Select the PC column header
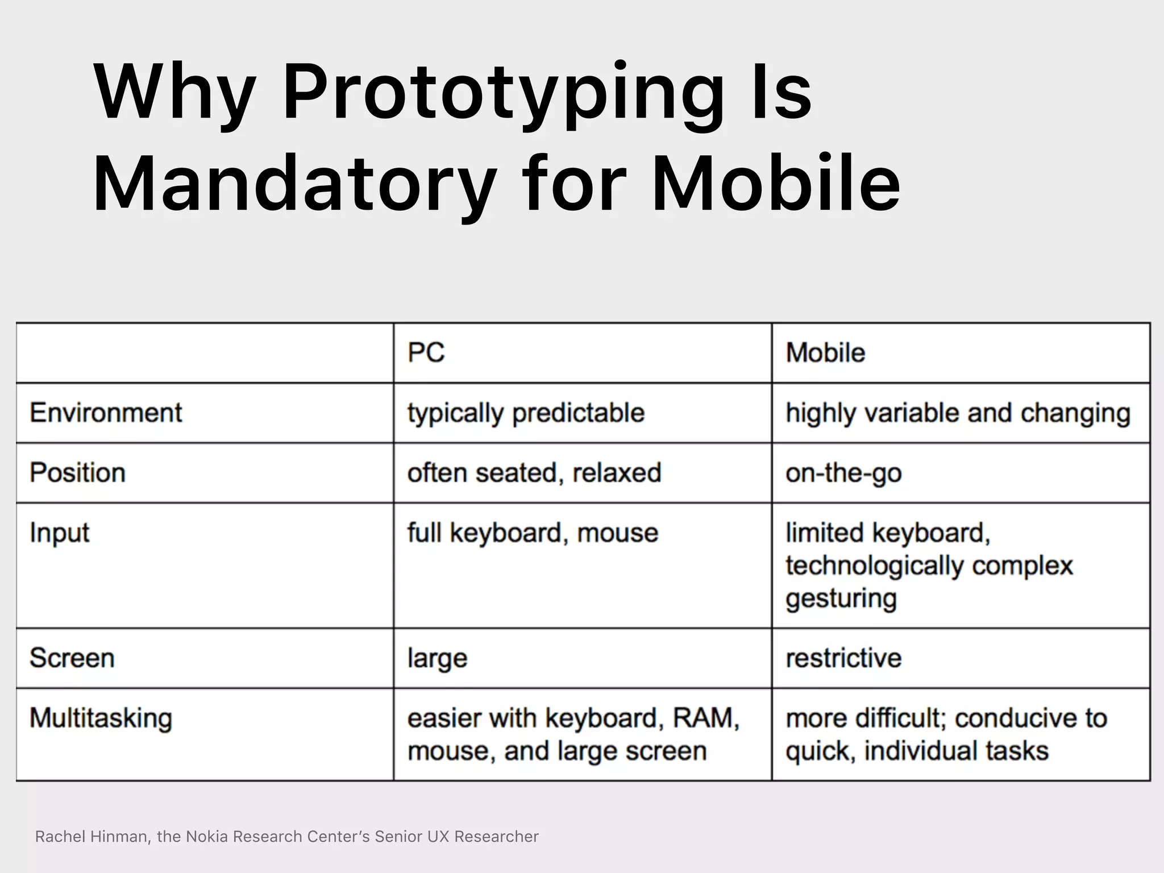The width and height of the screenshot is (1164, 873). (x=426, y=353)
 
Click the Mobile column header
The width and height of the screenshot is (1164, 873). (x=825, y=353)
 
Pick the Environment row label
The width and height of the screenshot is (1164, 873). (x=106, y=413)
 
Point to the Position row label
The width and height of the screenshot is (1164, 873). (x=77, y=473)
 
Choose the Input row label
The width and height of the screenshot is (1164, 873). (x=59, y=533)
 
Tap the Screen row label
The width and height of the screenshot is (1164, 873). (x=72, y=658)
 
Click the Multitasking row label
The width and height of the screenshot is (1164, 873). (x=101, y=718)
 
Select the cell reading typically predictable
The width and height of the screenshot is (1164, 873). (x=526, y=413)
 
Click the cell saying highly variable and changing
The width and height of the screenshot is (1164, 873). (x=958, y=413)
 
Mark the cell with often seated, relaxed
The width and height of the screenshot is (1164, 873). (x=534, y=473)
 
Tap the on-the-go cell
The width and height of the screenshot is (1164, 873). (x=843, y=473)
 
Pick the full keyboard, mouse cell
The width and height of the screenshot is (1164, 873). (x=533, y=533)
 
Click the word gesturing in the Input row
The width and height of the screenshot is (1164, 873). (x=841, y=598)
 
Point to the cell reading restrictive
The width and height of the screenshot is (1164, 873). (x=843, y=658)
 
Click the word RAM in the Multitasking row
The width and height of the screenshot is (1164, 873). (x=705, y=718)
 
